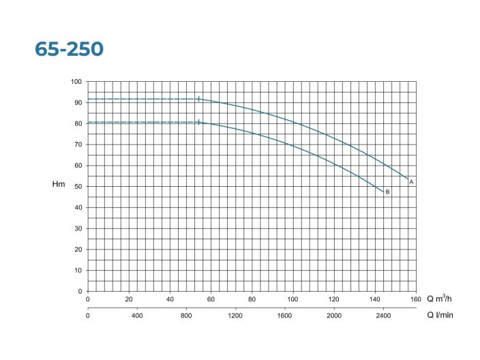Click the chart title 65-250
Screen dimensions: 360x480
[69, 50]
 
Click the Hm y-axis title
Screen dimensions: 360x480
[58, 185]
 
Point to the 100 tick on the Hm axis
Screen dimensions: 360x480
[76, 82]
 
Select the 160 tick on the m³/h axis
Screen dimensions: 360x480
[416, 299]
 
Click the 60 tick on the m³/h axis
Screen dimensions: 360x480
[211, 299]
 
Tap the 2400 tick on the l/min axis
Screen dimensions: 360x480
[383, 316]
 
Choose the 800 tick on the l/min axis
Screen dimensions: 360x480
[186, 316]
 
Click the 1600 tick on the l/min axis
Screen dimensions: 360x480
[285, 316]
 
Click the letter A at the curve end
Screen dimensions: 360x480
[412, 182]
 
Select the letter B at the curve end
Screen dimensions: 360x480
[387, 192]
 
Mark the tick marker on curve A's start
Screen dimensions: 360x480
[198, 99]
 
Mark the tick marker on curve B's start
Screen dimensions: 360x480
[198, 122]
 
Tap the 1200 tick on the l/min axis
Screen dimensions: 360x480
[235, 316]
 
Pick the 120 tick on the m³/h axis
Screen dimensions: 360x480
[334, 299]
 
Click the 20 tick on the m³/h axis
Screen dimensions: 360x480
[129, 299]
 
